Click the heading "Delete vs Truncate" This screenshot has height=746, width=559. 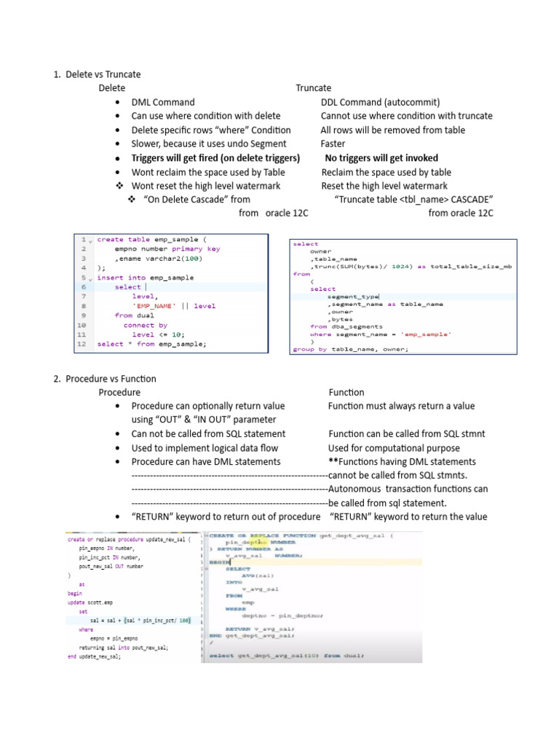coord(103,74)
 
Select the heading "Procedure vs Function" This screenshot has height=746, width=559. coord(111,379)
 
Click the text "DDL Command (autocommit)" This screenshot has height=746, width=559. coord(380,102)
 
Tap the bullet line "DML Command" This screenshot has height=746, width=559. coord(163,102)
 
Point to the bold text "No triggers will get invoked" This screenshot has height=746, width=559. coord(381,158)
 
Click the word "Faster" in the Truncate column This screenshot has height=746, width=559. coord(333,144)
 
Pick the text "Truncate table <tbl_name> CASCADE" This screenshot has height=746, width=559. coord(414,200)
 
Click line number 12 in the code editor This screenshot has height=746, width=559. coord(82,344)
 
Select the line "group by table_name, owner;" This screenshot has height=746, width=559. coord(350,349)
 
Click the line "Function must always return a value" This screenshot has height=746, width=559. coord(401,406)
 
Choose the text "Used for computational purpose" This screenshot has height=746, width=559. coord(394,448)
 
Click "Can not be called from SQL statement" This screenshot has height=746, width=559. coord(208,434)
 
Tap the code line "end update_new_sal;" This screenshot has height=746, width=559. coord(94,656)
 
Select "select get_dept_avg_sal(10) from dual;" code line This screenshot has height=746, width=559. coord(285,656)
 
